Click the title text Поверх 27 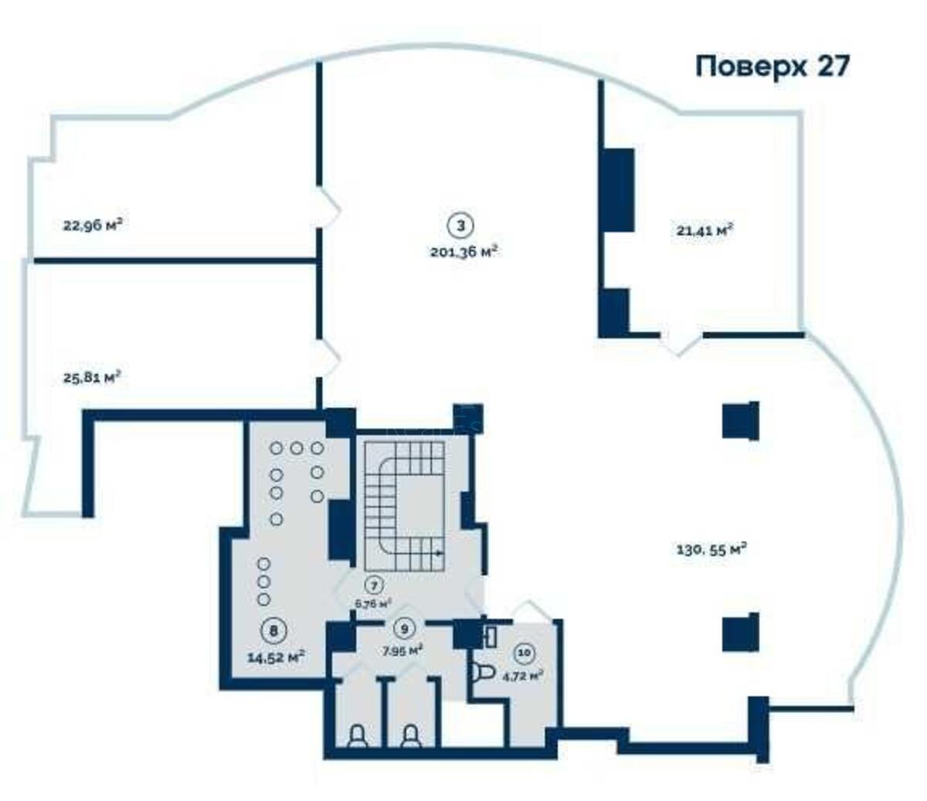772,66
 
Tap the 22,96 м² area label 93,226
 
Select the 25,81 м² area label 92,378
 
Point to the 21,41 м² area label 704,230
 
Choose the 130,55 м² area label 711,549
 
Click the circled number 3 461,226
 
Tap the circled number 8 272,630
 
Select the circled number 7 374,585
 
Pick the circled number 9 402,628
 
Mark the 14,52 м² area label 275,657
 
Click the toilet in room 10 482,673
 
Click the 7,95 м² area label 402,650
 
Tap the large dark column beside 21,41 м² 618,189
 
